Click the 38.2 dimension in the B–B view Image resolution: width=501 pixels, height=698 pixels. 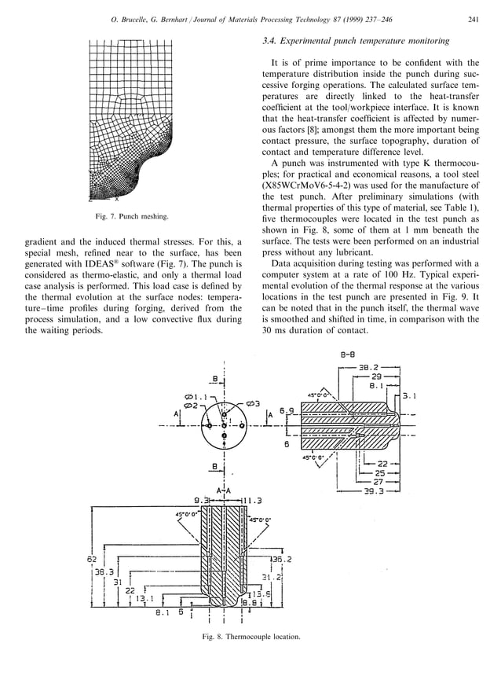(369, 366)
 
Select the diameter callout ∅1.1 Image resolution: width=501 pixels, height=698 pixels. (196, 397)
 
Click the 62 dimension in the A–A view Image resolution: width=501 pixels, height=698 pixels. (91, 560)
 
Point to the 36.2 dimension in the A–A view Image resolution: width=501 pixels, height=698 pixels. (280, 560)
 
